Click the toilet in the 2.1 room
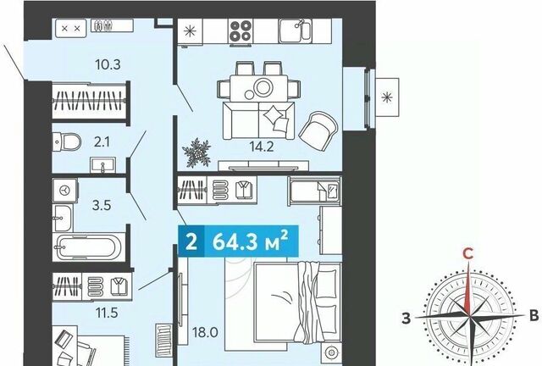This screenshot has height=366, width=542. [x=67, y=141]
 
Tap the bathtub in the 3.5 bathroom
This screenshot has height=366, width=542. [x=89, y=247]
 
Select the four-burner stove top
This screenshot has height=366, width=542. [x=241, y=30]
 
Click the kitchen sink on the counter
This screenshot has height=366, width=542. [x=296, y=30]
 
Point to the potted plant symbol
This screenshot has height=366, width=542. [x=196, y=152]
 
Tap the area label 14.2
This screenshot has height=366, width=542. [x=262, y=147]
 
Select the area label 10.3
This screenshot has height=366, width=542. [x=108, y=64]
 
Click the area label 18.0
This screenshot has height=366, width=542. [x=205, y=332]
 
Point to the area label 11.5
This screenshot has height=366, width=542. [x=107, y=313]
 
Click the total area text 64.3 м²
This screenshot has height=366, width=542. [x=251, y=241]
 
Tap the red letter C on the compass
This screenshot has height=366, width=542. [x=468, y=254]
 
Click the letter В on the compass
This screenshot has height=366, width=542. [x=534, y=316]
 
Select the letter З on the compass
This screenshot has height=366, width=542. [x=406, y=318]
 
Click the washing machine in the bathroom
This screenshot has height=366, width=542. [x=64, y=190]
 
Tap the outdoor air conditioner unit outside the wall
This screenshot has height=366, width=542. [x=387, y=97]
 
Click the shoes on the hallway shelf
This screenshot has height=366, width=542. [x=103, y=25]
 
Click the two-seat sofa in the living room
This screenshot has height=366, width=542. [x=259, y=120]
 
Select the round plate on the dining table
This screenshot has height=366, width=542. [x=263, y=86]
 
